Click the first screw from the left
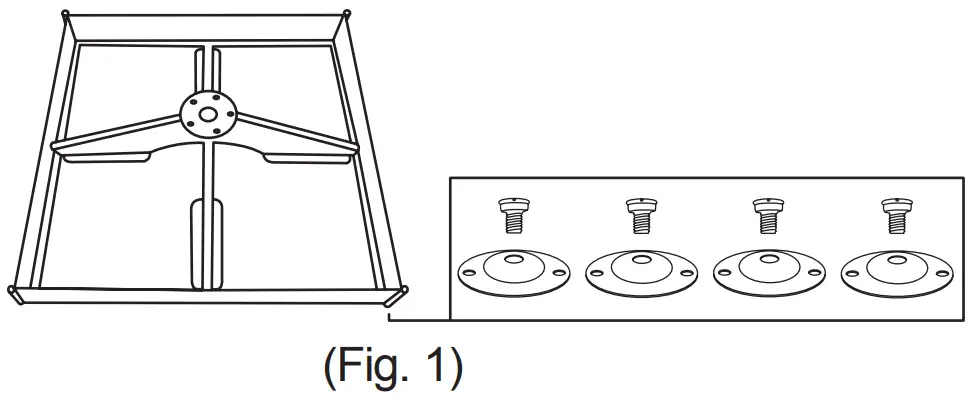tap(513, 214)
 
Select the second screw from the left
tap(640, 214)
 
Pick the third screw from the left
tap(767, 214)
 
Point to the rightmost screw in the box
tap(895, 214)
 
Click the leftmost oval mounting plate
tap(513, 272)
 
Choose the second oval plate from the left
tap(641, 272)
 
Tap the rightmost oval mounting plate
tap(896, 272)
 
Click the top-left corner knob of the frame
tap(65, 14)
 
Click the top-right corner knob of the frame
tap(347, 14)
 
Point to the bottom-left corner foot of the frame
tap(13, 292)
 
